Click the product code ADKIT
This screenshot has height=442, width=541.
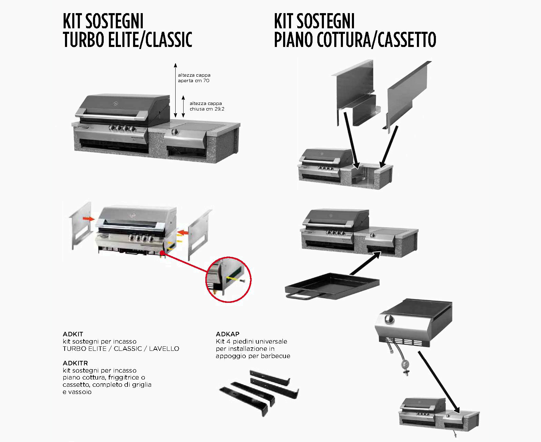(x=73, y=334)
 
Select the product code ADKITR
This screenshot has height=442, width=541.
(x=75, y=363)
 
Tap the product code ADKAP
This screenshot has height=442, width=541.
(x=227, y=334)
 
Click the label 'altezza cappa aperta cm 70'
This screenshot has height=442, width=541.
(x=194, y=78)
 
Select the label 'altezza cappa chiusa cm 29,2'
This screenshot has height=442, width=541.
(x=207, y=106)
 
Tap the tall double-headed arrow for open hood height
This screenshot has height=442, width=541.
(x=176, y=90)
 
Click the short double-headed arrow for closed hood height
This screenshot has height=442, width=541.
(x=183, y=106)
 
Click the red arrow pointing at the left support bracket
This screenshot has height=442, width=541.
(x=88, y=219)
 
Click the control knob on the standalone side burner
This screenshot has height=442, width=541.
(x=389, y=319)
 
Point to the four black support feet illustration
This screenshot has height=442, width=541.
(x=259, y=392)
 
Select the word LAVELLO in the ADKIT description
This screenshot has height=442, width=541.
(x=164, y=349)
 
